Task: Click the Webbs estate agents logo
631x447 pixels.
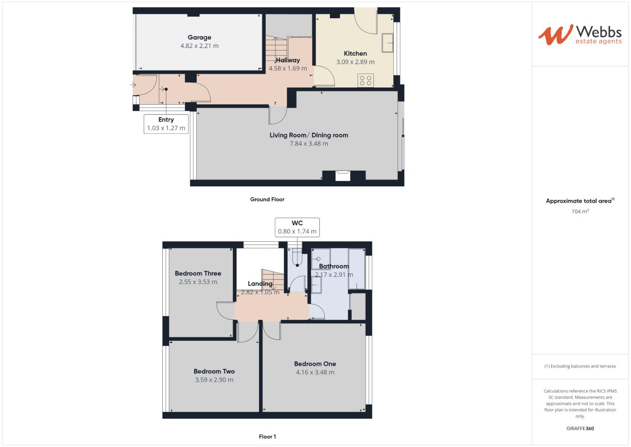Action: point(579,35)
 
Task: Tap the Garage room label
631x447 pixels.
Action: point(199,37)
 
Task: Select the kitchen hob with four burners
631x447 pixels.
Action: point(366,80)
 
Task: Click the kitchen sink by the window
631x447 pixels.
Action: point(387,43)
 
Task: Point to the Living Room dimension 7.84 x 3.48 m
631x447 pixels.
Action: point(309,144)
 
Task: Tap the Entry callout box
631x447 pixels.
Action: point(166,124)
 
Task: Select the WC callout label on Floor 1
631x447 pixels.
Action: point(297,227)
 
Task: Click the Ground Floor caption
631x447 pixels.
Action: point(267,199)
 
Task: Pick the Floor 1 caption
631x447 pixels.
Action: point(267,436)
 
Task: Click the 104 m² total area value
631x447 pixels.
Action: point(580,211)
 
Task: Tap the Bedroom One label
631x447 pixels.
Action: point(315,364)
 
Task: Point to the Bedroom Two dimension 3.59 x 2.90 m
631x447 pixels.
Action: point(214,380)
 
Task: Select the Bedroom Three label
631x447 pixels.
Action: point(198,273)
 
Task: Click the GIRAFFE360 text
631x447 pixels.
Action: point(580,428)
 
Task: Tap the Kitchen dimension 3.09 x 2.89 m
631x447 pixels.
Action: point(355,62)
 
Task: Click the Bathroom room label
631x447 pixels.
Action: point(333,266)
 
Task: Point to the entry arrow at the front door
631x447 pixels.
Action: point(133,85)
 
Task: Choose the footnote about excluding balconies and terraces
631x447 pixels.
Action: point(580,366)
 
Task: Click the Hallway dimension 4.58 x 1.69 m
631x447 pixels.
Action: point(288,68)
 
